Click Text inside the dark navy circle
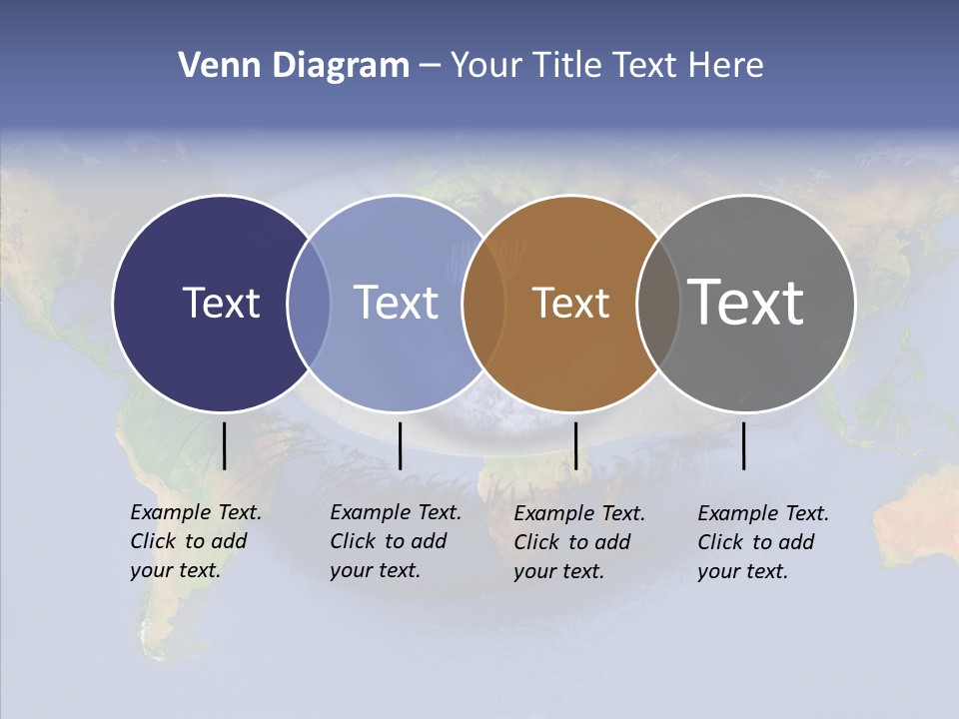click(221, 303)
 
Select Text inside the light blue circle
click(397, 303)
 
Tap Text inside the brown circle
click(570, 303)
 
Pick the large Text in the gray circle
click(746, 303)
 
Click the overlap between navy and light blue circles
click(309, 304)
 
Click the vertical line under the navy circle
click(224, 445)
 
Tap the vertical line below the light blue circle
click(400, 445)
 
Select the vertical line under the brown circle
click(575, 445)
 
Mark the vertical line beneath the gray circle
click(743, 445)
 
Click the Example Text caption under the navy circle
click(196, 541)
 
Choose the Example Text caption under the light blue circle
click(396, 541)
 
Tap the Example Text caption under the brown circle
click(579, 542)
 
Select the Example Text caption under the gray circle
click(763, 542)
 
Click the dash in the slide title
click(430, 66)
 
